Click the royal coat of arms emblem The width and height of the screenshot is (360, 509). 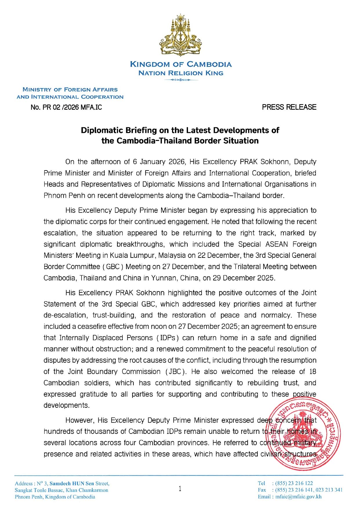[180, 35]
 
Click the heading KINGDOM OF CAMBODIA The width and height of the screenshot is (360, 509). [181, 64]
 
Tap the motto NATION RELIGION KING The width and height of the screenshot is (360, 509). [181, 73]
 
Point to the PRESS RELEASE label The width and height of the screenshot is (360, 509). [289, 107]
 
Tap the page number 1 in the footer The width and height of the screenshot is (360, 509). [180, 489]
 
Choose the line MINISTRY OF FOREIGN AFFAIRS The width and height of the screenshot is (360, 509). [70, 90]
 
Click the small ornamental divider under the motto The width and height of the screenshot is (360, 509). [181, 80]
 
